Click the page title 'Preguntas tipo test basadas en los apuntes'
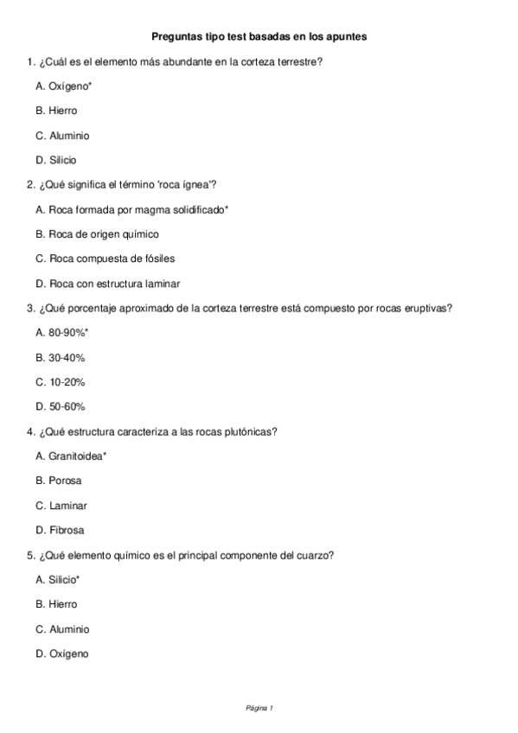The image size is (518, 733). coord(259,37)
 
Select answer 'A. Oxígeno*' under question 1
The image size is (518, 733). coord(64,86)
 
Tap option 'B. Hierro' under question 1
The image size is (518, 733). coord(56,111)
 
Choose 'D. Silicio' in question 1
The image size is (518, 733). coord(56,160)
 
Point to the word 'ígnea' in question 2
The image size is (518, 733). coord(195,185)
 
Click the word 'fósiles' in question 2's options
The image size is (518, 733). coord(172,258)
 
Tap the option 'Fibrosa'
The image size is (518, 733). coord(66,530)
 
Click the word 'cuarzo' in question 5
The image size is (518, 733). coord(315,555)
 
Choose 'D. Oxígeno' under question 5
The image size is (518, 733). coord(62,653)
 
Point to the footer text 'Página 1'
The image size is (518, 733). coord(259,709)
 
